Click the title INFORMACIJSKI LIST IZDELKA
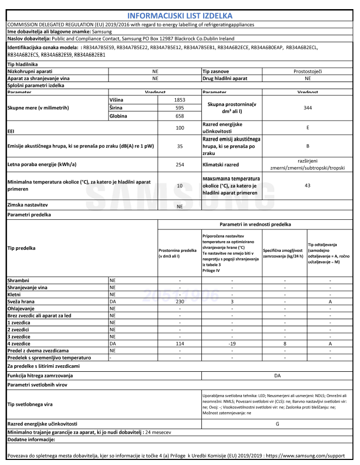(x=179, y=16)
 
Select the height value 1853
(x=179, y=100)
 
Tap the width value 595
(x=179, y=108)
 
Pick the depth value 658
(x=179, y=116)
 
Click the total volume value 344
(x=307, y=108)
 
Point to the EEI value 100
(x=179, y=128)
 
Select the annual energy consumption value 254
(x=179, y=165)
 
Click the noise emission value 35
(x=179, y=146)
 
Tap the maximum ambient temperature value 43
(x=307, y=186)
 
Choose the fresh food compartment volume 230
(x=179, y=301)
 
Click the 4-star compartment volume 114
(x=179, y=343)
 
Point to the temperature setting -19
(x=231, y=343)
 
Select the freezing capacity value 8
(x=284, y=343)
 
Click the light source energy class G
(x=277, y=423)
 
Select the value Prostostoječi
(x=307, y=72)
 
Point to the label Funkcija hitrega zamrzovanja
(x=40, y=375)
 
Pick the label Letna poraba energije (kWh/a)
(x=39, y=165)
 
